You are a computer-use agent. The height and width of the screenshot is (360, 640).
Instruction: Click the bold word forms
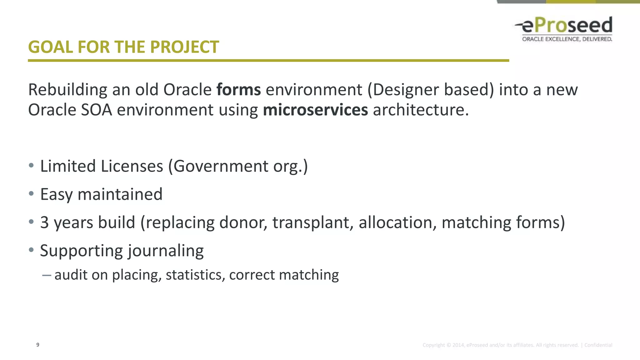pos(238,90)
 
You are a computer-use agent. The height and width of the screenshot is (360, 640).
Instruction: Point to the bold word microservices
pos(315,110)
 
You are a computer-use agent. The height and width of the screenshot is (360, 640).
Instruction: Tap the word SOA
pos(96,110)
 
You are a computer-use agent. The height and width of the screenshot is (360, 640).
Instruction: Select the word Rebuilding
pos(68,90)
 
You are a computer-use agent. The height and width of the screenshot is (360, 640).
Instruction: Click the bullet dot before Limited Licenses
pos(31,166)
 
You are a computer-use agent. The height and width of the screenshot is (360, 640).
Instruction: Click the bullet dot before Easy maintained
pos(31,194)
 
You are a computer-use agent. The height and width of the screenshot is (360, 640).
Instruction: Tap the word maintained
pos(120,194)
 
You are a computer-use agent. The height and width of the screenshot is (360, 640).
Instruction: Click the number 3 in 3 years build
pos(44,222)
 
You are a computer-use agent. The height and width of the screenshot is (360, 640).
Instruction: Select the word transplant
pos(313,222)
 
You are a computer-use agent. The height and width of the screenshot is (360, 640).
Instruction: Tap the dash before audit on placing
pos(47,275)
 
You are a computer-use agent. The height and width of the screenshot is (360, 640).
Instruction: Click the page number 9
pos(38,345)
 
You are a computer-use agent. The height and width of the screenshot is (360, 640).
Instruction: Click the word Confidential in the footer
pos(598,345)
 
